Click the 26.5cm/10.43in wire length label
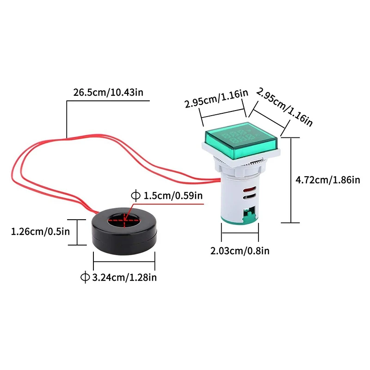click(x=108, y=92)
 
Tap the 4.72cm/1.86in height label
click(x=328, y=180)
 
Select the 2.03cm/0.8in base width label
click(x=240, y=251)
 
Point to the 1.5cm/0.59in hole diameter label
click(x=173, y=196)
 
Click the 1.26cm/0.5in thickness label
click(x=40, y=232)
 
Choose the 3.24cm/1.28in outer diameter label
click(x=124, y=277)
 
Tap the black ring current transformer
click(x=124, y=231)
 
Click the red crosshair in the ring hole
click(x=124, y=220)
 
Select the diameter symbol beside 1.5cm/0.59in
click(x=136, y=196)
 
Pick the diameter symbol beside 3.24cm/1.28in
click(x=85, y=277)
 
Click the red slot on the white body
click(x=249, y=189)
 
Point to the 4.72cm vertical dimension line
click(x=291, y=180)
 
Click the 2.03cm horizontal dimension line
click(x=240, y=233)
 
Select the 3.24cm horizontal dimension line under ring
click(x=124, y=261)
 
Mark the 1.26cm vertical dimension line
click(x=77, y=232)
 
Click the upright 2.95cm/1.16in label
click(x=216, y=99)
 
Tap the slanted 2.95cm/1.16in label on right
click(x=284, y=107)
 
